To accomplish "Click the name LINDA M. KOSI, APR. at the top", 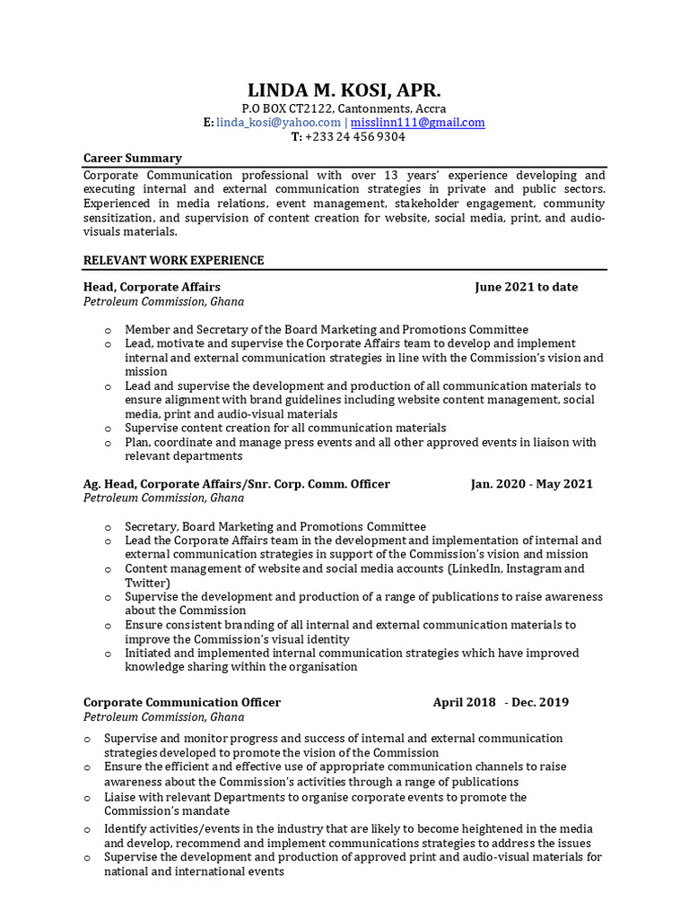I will tap(344, 91).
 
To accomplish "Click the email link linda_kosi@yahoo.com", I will tap(278, 123).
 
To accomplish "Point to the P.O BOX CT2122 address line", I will tap(344, 108).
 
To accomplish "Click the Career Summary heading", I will tap(133, 158).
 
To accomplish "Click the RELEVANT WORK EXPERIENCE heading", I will tap(173, 260).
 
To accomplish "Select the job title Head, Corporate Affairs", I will tap(152, 287).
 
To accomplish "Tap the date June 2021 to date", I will tap(526, 287).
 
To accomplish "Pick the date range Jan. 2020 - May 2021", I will tap(531, 484).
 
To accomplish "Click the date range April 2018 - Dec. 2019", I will tap(501, 703).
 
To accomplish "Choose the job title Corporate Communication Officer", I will tap(182, 703).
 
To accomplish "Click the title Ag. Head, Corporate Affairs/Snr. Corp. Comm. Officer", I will tap(237, 484).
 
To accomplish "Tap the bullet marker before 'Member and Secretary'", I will tap(108, 331).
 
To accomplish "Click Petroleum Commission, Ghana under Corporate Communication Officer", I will tap(163, 717).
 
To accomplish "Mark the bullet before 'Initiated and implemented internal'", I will tap(108, 654).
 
